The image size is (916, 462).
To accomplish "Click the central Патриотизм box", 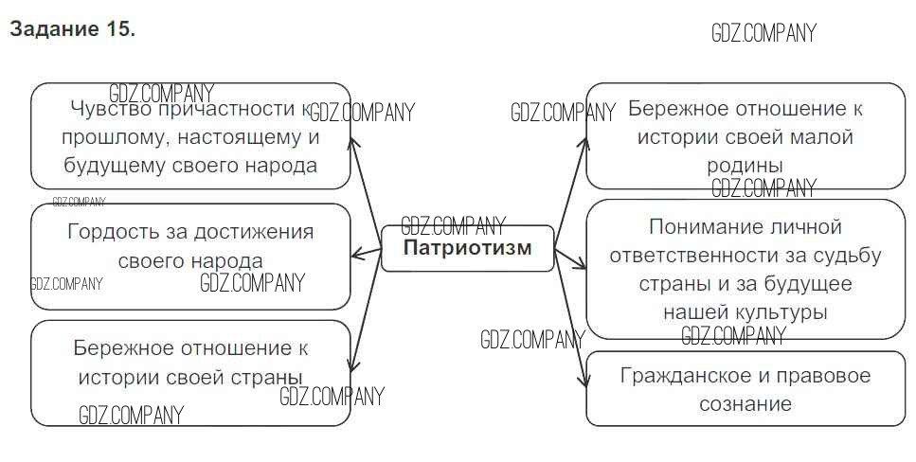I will tap(467, 249).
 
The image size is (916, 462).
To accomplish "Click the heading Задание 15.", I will tap(73, 29).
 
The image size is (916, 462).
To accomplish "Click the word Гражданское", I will tap(679, 376).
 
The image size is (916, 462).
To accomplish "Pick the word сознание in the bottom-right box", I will tap(745, 404).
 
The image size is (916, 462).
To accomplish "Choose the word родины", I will tap(745, 166).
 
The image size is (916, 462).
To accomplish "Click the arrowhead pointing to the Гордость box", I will tap(357, 253).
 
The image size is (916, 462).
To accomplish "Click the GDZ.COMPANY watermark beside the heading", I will tap(763, 34).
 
